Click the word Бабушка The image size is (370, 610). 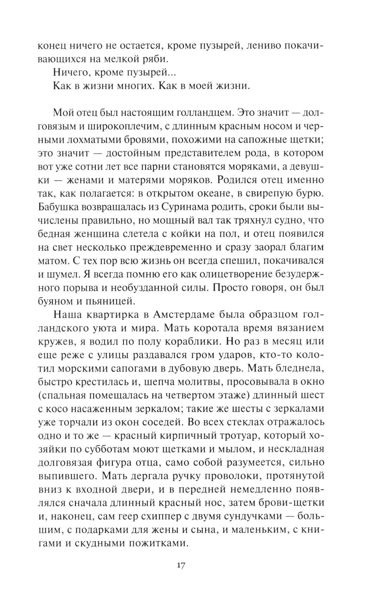pos(61,207)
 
